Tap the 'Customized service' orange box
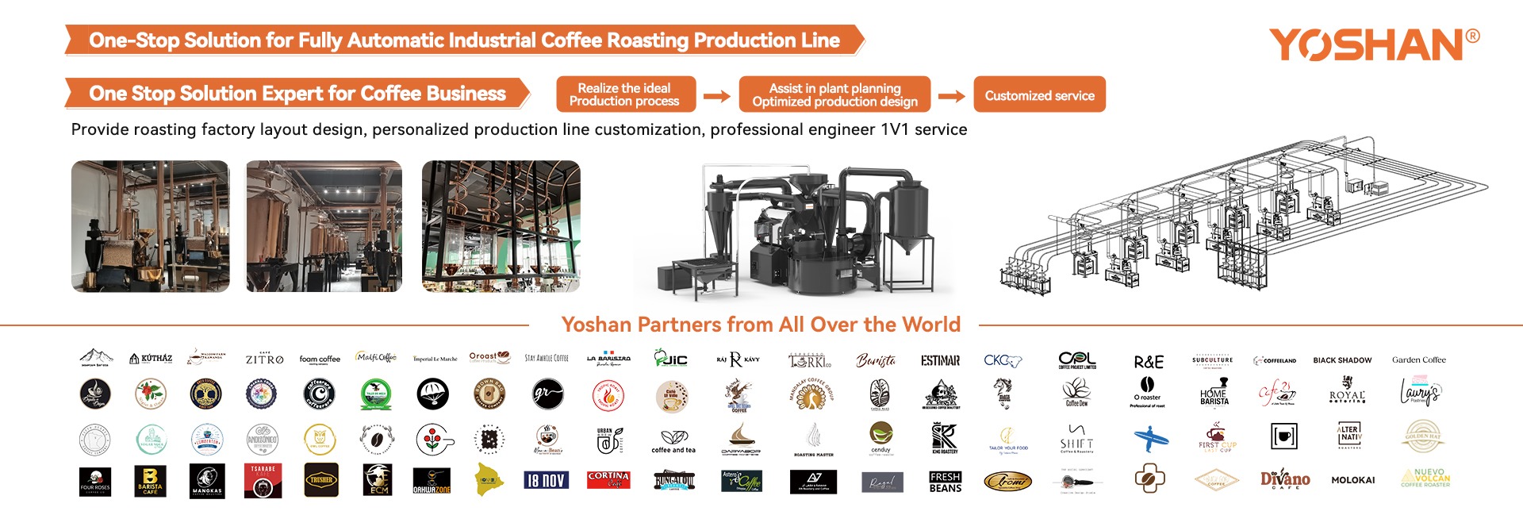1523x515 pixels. pos(1039,95)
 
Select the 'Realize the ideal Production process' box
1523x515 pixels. pos(624,94)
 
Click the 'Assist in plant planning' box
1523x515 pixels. pos(834,94)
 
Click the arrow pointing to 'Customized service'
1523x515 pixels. pos(951,96)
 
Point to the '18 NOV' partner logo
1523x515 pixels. pos(546,480)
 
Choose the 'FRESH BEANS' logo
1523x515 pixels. pos(945,482)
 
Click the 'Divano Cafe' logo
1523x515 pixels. pos(1285,479)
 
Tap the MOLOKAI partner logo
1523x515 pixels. pos(1352,480)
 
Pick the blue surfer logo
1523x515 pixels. pos(1150,437)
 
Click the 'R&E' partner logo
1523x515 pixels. pos(1149,362)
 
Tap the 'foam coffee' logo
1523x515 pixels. pos(320,359)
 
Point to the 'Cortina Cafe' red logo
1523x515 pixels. pos(608,479)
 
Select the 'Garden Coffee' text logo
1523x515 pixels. pos(1418,360)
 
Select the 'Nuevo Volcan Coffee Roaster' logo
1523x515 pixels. pos(1425,478)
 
